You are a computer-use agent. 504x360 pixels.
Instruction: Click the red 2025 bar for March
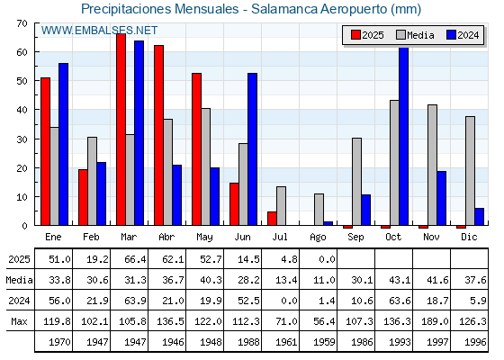pyautogui.click(x=121, y=130)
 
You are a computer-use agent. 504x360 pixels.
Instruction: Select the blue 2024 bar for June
pyautogui.click(x=252, y=149)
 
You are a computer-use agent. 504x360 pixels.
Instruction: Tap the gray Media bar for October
pyautogui.click(x=394, y=163)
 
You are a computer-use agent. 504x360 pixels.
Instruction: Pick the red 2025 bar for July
pyautogui.click(x=272, y=218)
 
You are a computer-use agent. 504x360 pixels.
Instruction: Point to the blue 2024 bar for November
pyautogui.click(x=441, y=198)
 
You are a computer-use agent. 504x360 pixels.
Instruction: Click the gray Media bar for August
pyautogui.click(x=319, y=209)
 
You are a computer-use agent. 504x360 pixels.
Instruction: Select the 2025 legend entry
pyautogui.click(x=367, y=35)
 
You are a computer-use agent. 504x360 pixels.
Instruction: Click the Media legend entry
pyautogui.click(x=415, y=35)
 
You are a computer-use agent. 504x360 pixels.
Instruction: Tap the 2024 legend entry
pyautogui.click(x=463, y=35)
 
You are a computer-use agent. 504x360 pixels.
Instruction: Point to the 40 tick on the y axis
pyautogui.click(x=22, y=110)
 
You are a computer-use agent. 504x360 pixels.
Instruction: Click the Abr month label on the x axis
pyautogui.click(x=166, y=237)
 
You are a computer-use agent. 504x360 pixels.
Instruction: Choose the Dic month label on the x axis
pyautogui.click(x=469, y=237)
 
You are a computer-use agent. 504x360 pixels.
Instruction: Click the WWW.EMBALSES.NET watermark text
pyautogui.click(x=99, y=31)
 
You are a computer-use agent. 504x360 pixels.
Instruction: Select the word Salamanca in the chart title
pyautogui.click(x=284, y=9)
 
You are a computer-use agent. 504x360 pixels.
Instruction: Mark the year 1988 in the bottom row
pyautogui.click(x=248, y=342)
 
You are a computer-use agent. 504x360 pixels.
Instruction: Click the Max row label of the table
pyautogui.click(x=19, y=321)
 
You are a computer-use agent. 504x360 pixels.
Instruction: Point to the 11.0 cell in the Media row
pyautogui.click(x=324, y=280)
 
